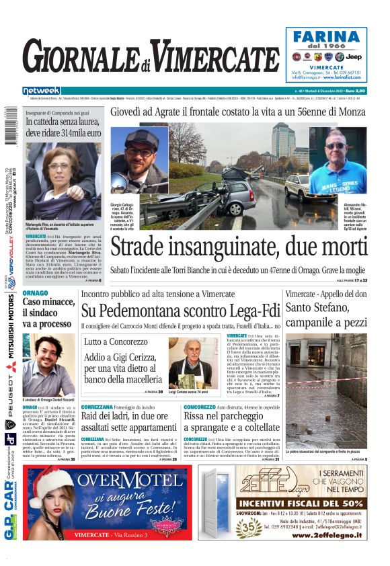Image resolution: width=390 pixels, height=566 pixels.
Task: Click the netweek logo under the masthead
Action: point(41,90)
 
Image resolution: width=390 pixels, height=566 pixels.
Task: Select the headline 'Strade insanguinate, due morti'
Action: point(238,247)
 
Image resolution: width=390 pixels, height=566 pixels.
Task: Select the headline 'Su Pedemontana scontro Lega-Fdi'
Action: point(171,311)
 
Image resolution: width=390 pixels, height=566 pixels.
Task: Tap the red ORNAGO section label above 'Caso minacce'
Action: point(35,294)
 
